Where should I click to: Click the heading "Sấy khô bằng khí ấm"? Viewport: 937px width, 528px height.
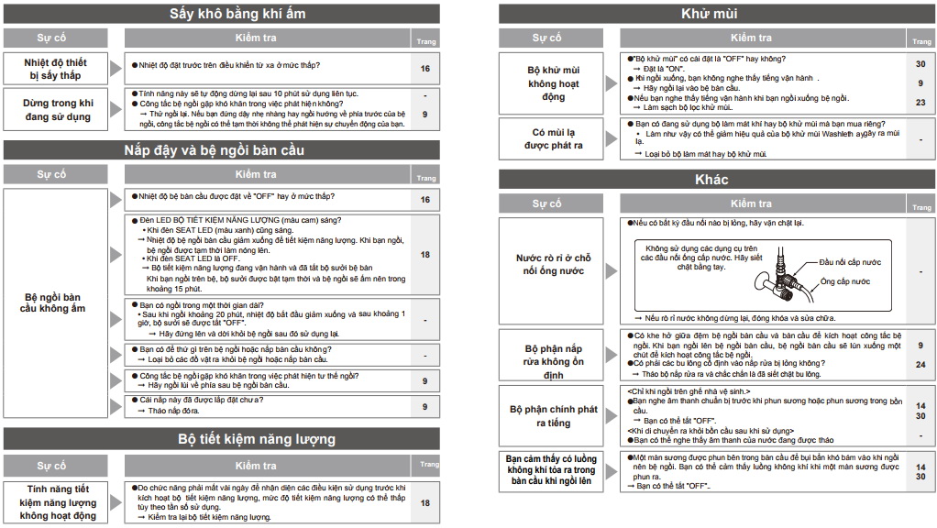237,14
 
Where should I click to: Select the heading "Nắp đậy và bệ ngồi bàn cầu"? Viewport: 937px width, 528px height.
215,149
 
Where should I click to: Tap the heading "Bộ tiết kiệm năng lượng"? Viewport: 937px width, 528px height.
257,439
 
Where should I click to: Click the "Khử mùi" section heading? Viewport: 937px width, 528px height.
710,14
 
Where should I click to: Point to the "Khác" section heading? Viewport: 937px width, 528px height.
711,179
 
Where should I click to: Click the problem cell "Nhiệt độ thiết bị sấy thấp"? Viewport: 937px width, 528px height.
56,69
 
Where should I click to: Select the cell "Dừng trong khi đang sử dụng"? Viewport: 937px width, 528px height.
58,110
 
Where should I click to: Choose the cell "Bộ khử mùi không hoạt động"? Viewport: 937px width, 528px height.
553,82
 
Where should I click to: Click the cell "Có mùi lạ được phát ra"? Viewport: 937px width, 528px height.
553,139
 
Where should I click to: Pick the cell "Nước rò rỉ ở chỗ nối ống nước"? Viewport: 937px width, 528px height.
553,265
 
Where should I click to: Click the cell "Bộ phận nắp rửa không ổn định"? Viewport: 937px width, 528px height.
553,361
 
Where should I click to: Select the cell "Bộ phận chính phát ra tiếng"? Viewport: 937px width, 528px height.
553,416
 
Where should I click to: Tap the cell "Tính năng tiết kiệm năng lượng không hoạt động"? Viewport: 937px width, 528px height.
58,502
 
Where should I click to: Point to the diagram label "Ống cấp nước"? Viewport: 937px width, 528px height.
845,281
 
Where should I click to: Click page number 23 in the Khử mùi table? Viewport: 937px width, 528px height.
920,103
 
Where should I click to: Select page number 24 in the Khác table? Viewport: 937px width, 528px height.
920,364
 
